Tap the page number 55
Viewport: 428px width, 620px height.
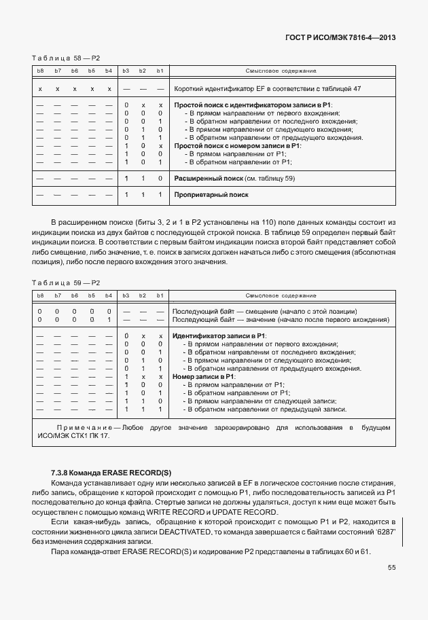391,568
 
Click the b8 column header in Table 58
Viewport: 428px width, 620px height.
40,71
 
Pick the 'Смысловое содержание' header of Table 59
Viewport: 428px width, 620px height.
281,296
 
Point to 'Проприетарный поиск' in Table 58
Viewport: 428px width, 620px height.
211,195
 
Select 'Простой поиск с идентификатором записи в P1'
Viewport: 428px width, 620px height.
252,105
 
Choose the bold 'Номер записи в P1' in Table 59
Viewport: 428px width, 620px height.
204,377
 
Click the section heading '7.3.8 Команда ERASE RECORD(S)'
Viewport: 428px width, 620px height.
111,471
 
